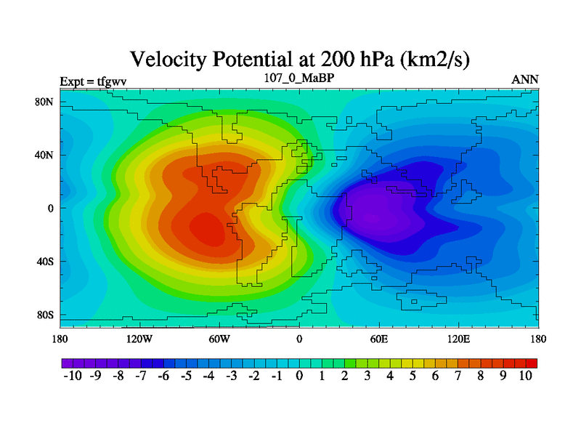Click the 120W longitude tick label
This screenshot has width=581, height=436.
[139, 339]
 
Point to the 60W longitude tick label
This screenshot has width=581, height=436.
[219, 339]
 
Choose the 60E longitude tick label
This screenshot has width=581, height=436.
[379, 339]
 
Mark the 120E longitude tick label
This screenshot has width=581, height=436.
[459, 339]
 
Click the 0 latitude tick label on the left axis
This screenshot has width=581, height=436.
[51, 209]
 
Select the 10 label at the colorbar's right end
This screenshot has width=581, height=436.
[526, 376]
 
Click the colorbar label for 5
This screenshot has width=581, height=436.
[413, 376]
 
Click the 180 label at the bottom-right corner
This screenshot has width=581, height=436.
[538, 339]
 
